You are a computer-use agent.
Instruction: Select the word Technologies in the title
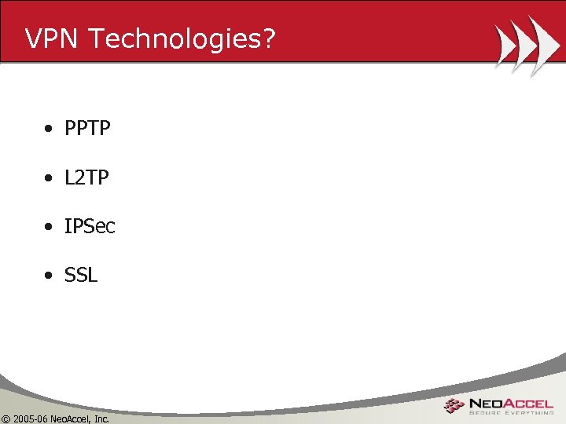[x=167, y=38]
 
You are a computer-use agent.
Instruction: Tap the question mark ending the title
[x=269, y=38]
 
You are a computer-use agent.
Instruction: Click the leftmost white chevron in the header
[x=505, y=45]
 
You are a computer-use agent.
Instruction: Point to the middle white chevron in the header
[x=524, y=45]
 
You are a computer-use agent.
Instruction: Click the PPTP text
[x=87, y=128]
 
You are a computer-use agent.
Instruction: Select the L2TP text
[x=86, y=178]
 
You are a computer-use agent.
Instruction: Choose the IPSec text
[x=90, y=227]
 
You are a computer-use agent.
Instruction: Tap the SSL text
[x=81, y=276]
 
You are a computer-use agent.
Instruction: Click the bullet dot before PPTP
[x=49, y=129]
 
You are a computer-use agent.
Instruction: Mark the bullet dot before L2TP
[x=49, y=179]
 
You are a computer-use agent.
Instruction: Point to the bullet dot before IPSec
[x=49, y=228]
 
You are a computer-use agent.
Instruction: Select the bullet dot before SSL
[x=49, y=276]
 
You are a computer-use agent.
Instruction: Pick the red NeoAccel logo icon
[x=454, y=406]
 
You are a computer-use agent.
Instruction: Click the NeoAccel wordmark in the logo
[x=511, y=403]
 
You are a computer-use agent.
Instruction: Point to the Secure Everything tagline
[x=511, y=413]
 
